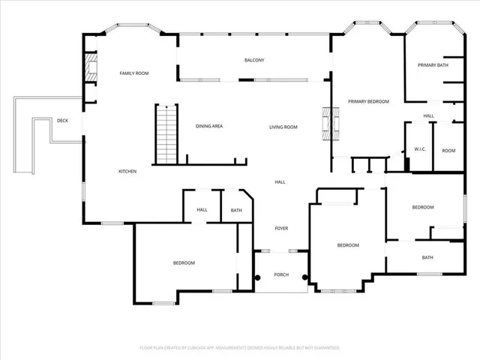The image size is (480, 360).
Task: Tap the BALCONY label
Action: pos(254,60)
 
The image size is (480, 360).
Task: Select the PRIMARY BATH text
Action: pos(433,65)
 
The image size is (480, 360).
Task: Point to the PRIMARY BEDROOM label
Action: pos(368,100)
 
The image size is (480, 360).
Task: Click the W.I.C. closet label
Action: pos(420,149)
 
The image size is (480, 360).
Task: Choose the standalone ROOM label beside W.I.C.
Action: pos(448,150)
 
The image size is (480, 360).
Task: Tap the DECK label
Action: pos(63,120)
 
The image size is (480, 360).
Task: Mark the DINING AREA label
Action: pos(209,126)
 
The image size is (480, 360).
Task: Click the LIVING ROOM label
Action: pos(283,127)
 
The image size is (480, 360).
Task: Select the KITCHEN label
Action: pos(127,172)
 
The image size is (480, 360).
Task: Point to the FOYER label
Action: pos(281,228)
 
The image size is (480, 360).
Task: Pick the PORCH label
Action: pos(281,274)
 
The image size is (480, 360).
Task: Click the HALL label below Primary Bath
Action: pos(428,115)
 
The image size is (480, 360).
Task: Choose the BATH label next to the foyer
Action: pos(236,211)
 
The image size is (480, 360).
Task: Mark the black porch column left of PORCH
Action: pos(257,277)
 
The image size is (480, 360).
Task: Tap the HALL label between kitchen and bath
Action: pos(202,210)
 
